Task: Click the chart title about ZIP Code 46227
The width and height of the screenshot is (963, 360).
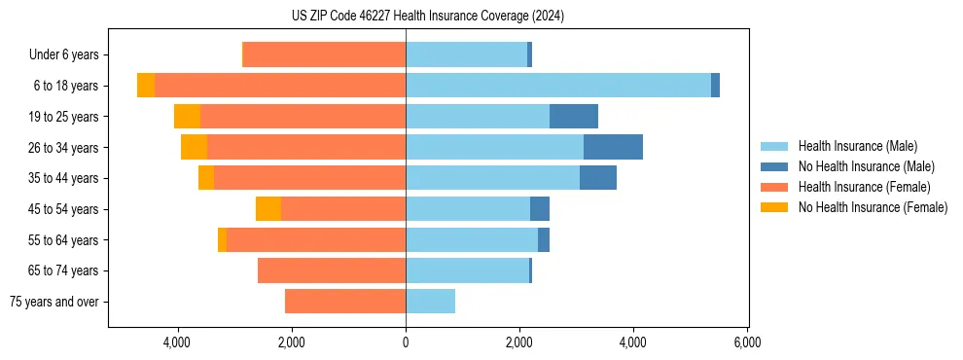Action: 427,16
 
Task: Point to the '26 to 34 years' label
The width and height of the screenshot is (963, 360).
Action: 64,148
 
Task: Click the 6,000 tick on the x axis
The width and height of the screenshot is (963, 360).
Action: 747,342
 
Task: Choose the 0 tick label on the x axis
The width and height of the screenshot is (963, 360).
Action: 406,342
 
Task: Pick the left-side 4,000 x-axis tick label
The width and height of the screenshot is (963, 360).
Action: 177,342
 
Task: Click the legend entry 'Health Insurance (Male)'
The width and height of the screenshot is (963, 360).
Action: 857,146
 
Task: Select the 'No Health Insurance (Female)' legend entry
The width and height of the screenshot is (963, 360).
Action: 873,207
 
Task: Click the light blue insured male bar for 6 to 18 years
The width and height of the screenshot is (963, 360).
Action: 558,86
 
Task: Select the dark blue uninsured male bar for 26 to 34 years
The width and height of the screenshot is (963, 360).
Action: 613,148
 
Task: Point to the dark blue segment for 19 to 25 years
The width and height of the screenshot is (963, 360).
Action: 574,117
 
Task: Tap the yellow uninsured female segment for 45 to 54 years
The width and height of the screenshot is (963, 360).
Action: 268,209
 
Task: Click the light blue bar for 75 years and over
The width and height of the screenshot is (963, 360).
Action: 430,302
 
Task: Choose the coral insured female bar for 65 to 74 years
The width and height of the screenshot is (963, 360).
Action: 332,270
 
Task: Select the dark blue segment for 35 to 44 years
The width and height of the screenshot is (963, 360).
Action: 598,178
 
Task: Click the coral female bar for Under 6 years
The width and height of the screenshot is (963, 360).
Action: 324,55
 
